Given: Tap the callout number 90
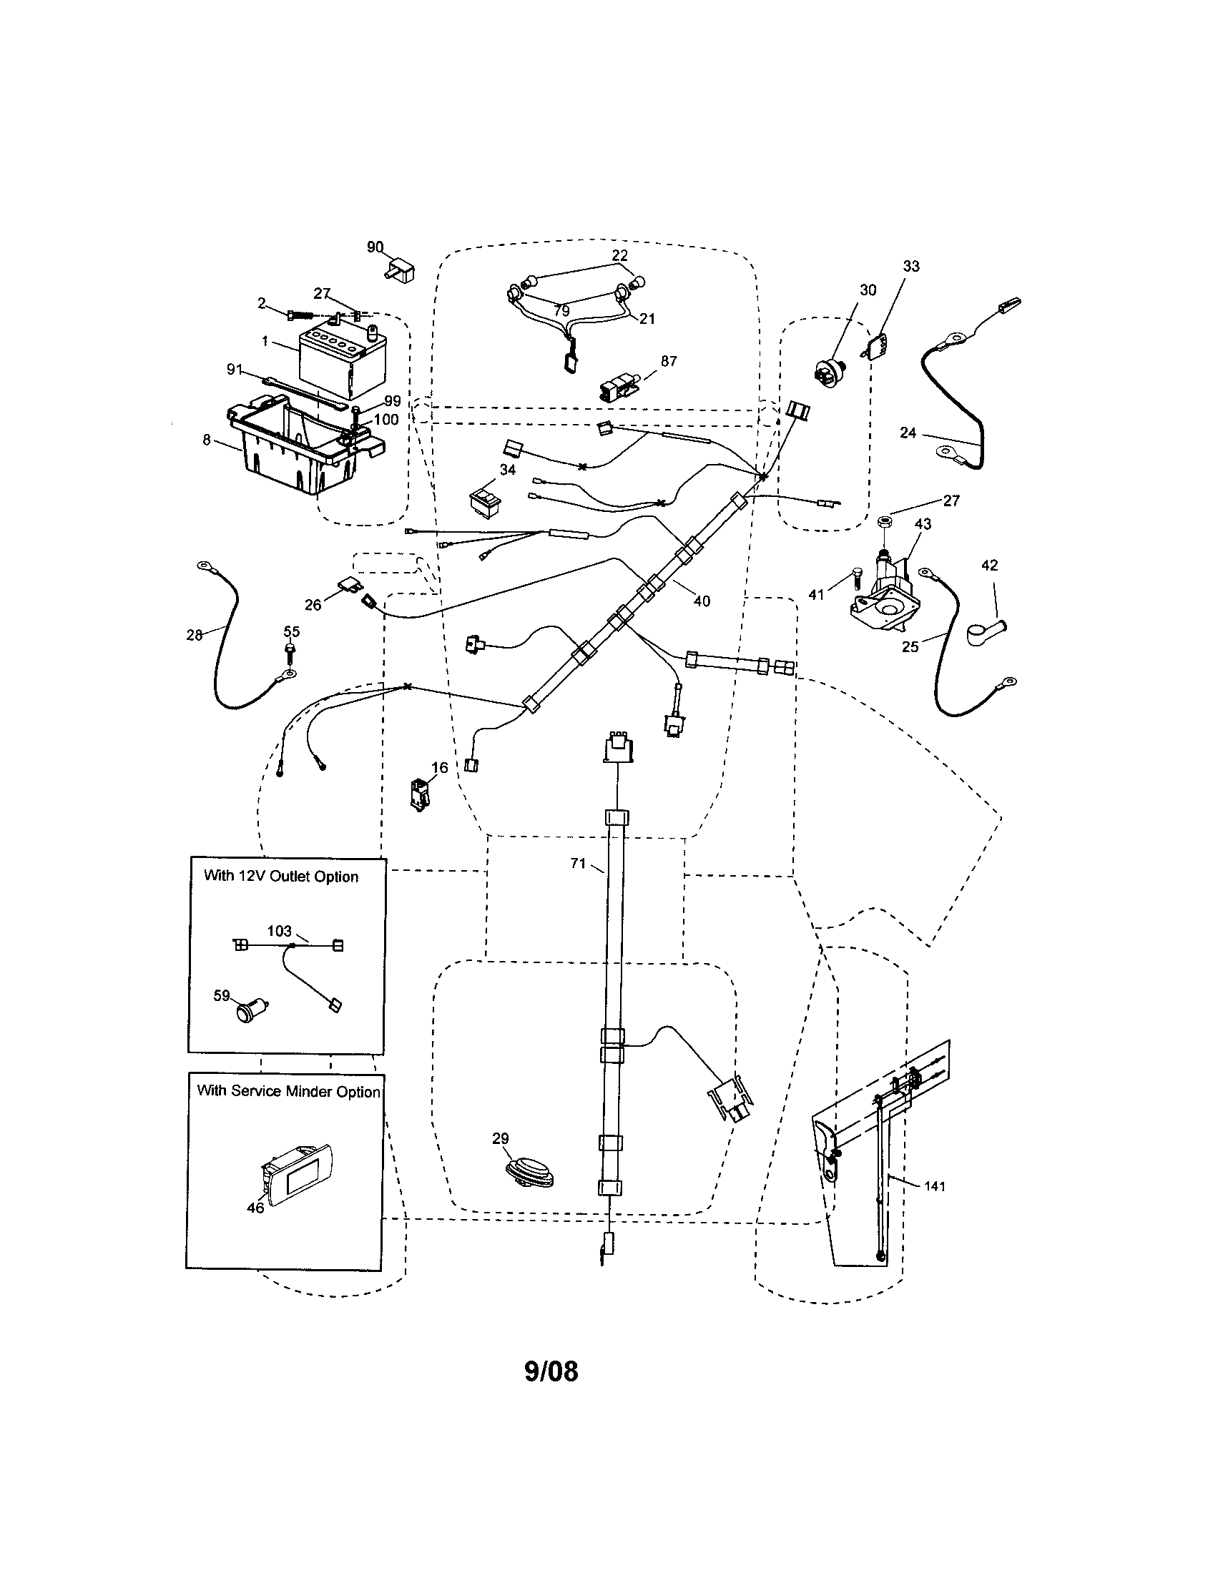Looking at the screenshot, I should [x=375, y=247].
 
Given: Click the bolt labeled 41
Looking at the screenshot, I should [x=855, y=578].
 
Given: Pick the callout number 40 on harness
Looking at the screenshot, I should [x=701, y=601].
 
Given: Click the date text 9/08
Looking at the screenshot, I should [x=551, y=1371].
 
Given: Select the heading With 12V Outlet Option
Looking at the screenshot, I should [x=281, y=877].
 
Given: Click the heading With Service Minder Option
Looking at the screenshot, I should [x=288, y=1091].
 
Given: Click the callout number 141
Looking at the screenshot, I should [x=934, y=1186].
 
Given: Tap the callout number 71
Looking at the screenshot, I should [x=578, y=863].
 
